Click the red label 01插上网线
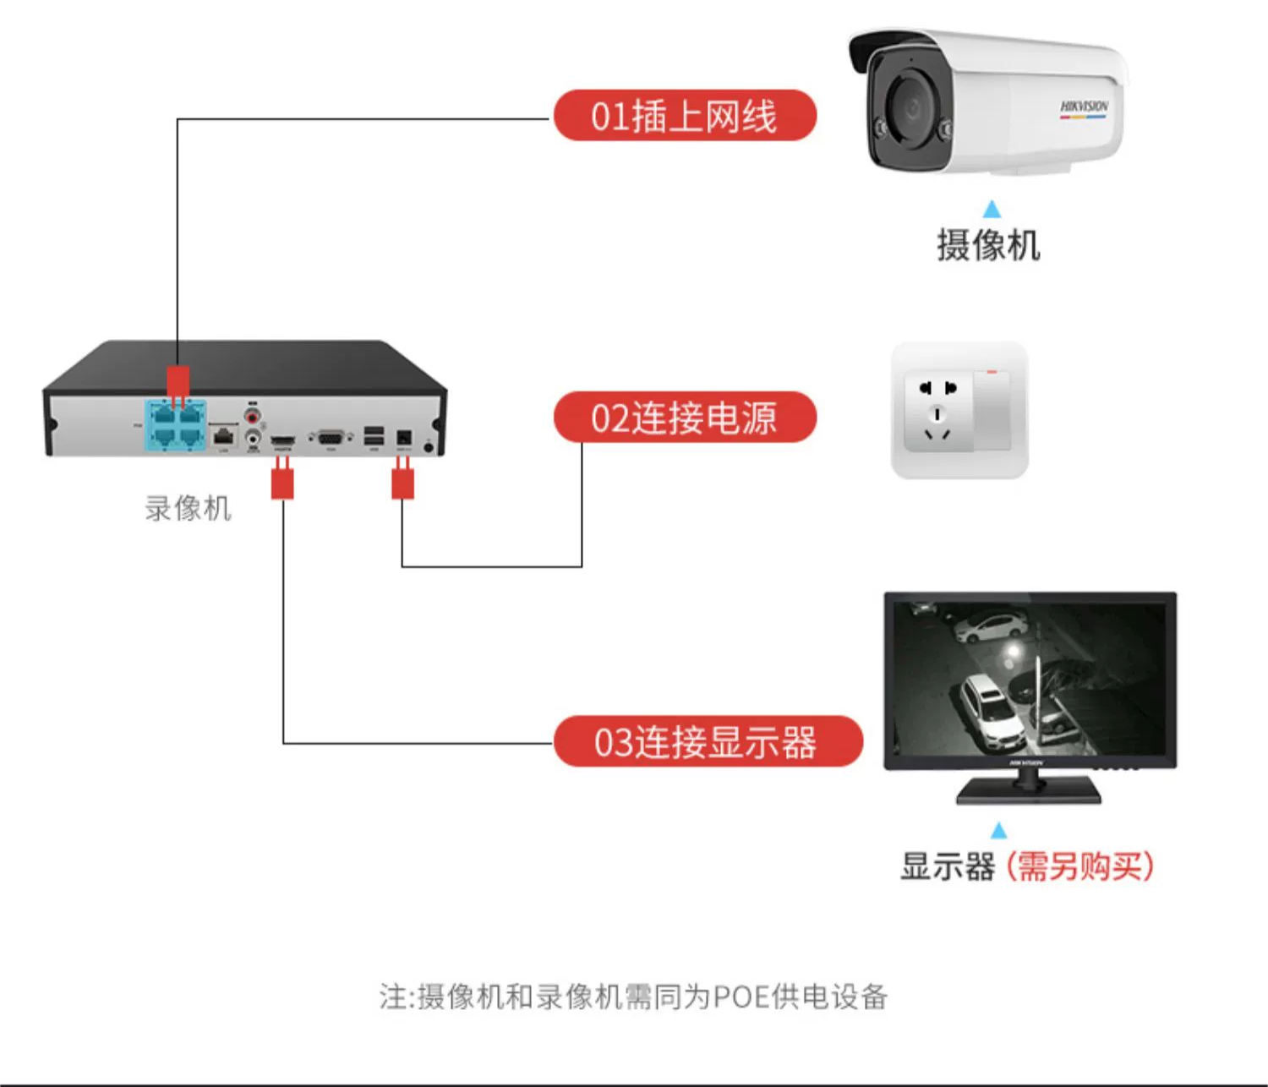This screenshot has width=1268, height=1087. click(x=685, y=116)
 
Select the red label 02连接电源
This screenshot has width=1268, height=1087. click(x=685, y=418)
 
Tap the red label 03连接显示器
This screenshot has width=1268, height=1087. click(x=708, y=742)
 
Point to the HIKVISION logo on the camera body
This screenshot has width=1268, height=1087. click(x=1084, y=107)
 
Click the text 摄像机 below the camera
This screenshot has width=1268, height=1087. click(x=988, y=245)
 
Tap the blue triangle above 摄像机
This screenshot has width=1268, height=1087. click(x=992, y=209)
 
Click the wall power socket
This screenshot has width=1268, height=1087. click(x=959, y=411)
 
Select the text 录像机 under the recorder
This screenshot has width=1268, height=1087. click(x=188, y=508)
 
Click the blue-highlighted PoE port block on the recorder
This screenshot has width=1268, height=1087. click(x=177, y=425)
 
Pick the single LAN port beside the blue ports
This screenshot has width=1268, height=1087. click(x=223, y=436)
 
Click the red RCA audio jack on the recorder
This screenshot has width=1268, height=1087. click(x=252, y=416)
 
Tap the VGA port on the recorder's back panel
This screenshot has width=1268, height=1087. click(x=331, y=437)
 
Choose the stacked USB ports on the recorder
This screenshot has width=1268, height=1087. click(x=374, y=436)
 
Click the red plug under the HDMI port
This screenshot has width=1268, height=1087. click(x=282, y=483)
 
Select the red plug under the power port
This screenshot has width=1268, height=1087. click(x=402, y=483)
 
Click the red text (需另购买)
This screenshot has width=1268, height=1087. click(x=1079, y=866)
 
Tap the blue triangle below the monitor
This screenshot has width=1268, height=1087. click(x=998, y=830)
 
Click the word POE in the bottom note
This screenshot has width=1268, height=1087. click(x=741, y=997)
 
